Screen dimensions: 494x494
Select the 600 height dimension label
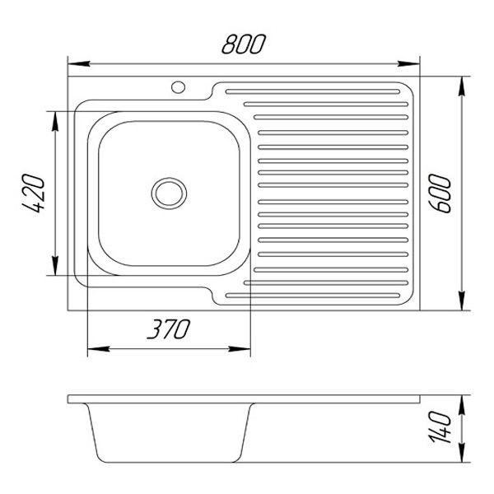pos(444,193)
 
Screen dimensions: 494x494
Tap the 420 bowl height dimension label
pos(34,195)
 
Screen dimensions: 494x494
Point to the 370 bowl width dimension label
pos(168,329)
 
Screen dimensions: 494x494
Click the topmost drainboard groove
pos(316,89)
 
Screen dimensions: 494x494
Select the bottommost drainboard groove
pos(316,294)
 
